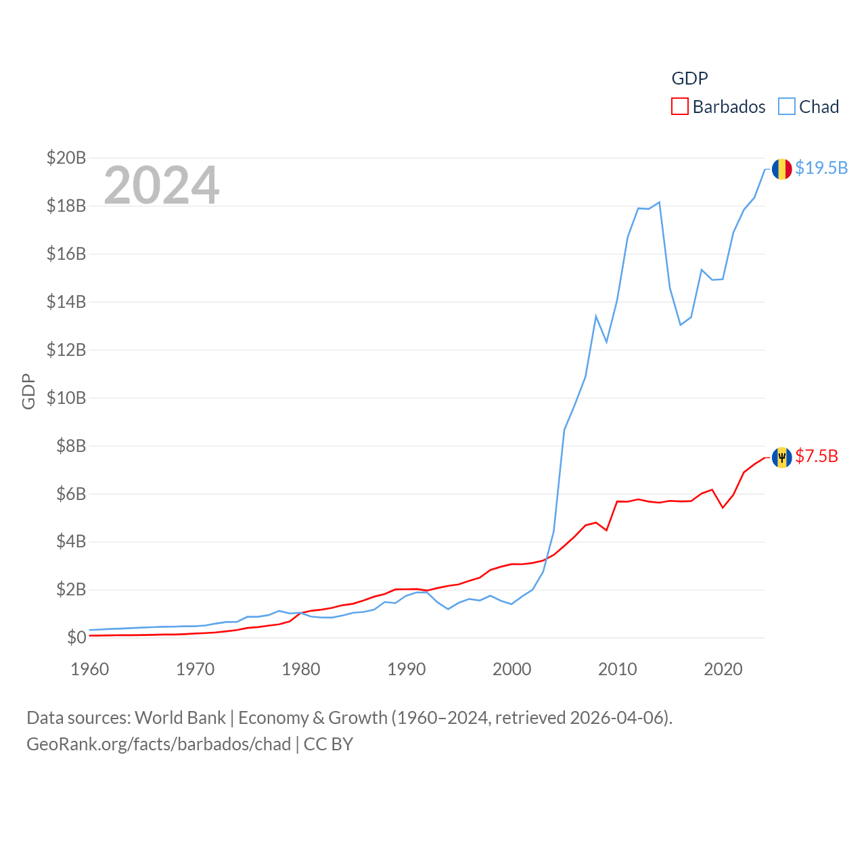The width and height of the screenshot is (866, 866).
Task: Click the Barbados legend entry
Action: point(719,107)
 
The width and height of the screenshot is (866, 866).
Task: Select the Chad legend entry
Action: point(809,107)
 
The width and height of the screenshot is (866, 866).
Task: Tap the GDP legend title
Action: point(689,78)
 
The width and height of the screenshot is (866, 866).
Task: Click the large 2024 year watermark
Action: point(162,185)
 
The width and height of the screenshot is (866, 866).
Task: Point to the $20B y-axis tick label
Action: point(66,158)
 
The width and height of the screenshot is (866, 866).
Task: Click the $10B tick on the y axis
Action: point(66,398)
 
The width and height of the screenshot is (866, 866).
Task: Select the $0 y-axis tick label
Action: point(76,637)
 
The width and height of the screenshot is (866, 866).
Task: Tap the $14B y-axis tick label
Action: point(66,302)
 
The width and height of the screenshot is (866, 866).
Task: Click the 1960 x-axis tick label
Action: point(90,669)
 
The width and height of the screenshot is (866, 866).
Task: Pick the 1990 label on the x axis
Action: point(407,669)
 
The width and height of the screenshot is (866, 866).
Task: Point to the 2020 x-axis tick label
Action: point(723,669)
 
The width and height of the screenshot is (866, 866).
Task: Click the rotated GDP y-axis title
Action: point(28,391)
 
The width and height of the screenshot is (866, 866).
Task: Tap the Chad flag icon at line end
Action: point(781,168)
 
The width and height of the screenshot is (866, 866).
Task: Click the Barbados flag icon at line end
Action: point(781,457)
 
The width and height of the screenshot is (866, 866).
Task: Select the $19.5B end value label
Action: point(821,168)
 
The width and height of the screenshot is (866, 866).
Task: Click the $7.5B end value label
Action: point(817,457)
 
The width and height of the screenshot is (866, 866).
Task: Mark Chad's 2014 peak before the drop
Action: point(659,202)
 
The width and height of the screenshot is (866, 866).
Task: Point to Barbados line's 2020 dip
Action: point(723,507)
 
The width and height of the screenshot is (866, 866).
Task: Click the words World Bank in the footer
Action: point(180,717)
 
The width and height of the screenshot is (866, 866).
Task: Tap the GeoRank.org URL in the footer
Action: point(159,744)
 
